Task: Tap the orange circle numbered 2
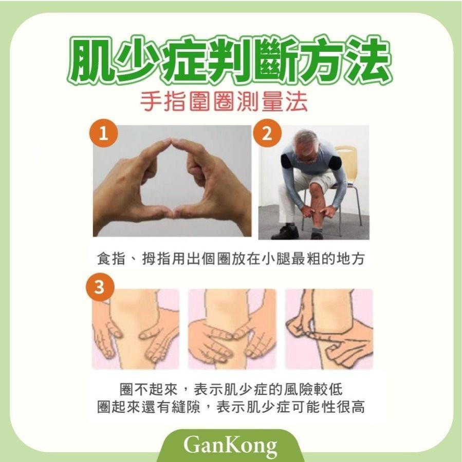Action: [267, 134]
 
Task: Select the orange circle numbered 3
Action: [100, 286]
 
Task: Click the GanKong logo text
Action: [230, 445]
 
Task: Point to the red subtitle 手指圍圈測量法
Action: [224, 102]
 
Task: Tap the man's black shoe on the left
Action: [285, 232]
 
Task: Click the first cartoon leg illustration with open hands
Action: [136, 329]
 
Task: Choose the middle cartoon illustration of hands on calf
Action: [232, 329]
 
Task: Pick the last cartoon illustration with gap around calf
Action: [329, 329]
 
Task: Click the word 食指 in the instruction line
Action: [112, 259]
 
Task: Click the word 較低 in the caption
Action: [328, 389]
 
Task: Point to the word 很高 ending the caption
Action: [350, 407]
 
